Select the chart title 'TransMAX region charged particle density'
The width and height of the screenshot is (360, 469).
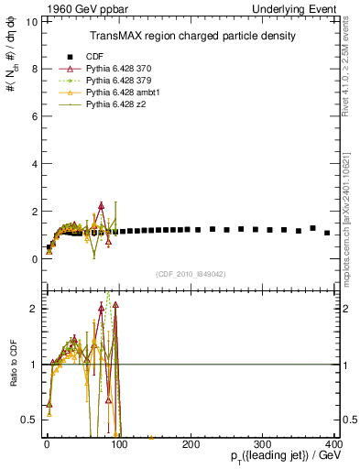tap(191, 36)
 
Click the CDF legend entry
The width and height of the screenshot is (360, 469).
tap(96, 57)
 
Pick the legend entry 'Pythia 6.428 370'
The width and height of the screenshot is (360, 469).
tap(121, 69)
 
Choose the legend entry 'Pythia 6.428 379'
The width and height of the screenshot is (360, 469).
tap(121, 81)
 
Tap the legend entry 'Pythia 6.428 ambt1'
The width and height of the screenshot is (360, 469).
tap(124, 93)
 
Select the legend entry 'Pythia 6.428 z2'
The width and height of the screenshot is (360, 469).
tap(117, 104)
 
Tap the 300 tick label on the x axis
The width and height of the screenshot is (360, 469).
tap(264, 443)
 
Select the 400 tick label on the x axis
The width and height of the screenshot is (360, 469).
tap(334, 443)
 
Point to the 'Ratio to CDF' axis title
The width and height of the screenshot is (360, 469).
tap(12, 364)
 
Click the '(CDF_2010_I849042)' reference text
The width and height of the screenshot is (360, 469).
tap(191, 273)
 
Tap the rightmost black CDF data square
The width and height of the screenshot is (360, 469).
tap(327, 233)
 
